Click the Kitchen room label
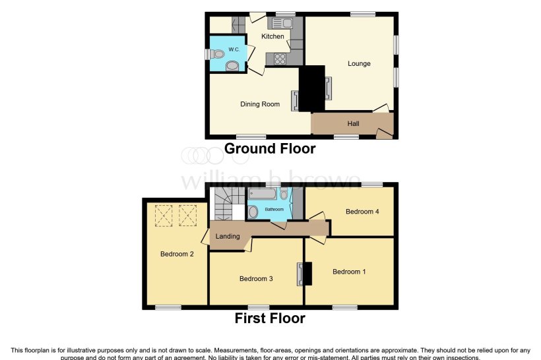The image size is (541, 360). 272,36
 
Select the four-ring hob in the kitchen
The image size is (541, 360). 278,58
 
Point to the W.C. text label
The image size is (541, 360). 234,49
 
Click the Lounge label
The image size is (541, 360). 360,64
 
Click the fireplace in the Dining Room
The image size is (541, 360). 295,101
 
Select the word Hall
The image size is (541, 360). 353,123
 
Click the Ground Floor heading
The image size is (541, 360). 270,149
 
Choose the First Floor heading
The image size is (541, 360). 270,319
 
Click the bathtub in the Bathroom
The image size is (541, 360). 263,193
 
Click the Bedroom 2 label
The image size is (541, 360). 176,254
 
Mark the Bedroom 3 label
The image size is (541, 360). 256,279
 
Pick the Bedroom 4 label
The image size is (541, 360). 362,212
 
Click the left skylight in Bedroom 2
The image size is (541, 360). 163,214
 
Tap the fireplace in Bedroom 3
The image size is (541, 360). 301,274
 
